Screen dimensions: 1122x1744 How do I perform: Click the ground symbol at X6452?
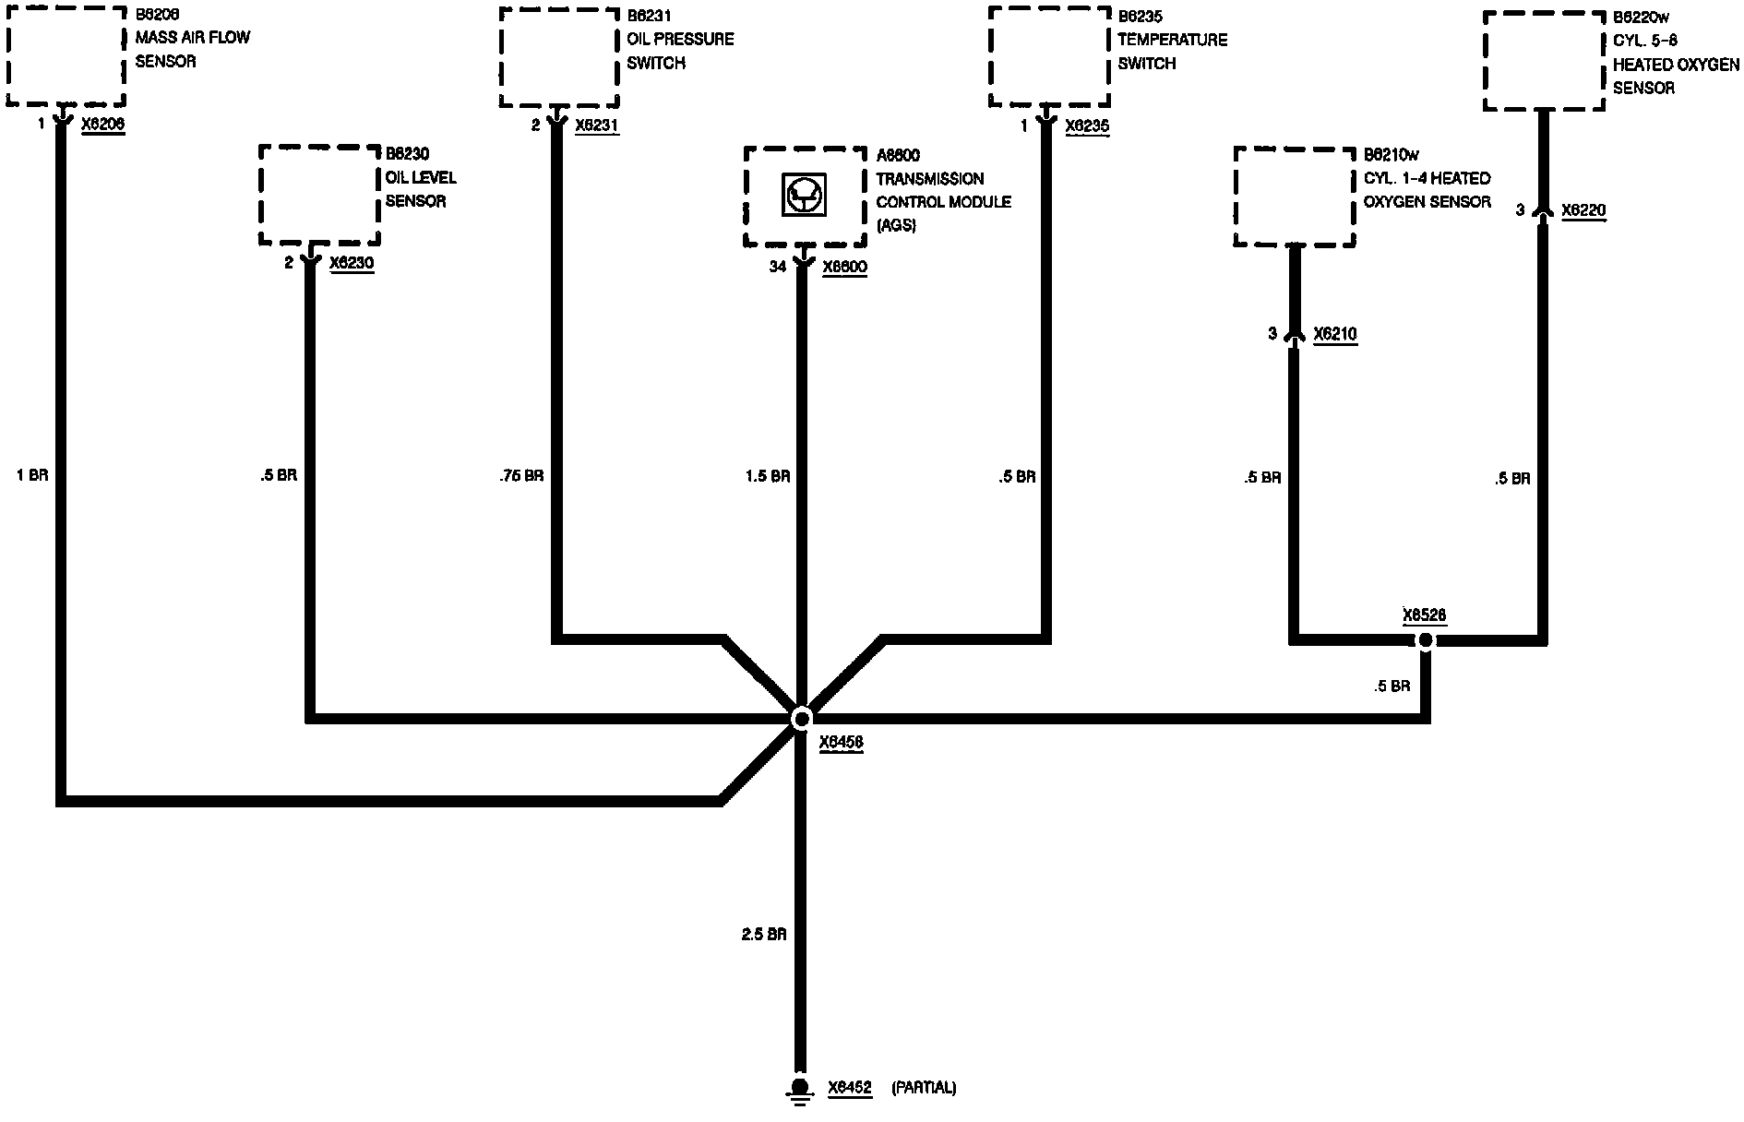tap(800, 1090)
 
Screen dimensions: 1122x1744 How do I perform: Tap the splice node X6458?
tap(801, 718)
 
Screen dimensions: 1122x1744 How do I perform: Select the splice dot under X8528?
tap(1426, 639)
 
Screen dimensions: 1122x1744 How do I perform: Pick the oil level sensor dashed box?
tap(319, 195)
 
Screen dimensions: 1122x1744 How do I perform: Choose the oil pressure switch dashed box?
tap(559, 57)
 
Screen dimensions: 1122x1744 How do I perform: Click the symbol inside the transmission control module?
tap(804, 196)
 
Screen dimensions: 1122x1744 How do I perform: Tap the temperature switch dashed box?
tap(1048, 57)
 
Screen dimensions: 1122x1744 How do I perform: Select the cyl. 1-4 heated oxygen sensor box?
tap(1295, 197)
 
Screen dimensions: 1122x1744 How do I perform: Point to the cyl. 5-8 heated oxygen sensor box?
tap(1543, 61)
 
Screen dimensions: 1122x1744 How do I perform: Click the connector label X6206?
tap(102, 125)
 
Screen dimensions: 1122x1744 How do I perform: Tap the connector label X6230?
tap(352, 264)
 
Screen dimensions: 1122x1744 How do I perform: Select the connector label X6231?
tap(597, 125)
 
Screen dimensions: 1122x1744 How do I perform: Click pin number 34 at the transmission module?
tap(778, 267)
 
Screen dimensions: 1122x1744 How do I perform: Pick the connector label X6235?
tap(1087, 126)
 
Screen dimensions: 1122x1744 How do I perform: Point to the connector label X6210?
tap(1334, 334)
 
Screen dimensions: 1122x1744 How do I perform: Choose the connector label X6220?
tap(1583, 211)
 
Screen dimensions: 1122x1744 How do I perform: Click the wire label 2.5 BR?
tap(764, 935)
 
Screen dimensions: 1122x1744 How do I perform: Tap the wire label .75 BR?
tap(520, 476)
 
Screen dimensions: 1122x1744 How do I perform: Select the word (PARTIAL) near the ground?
tap(924, 1088)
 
